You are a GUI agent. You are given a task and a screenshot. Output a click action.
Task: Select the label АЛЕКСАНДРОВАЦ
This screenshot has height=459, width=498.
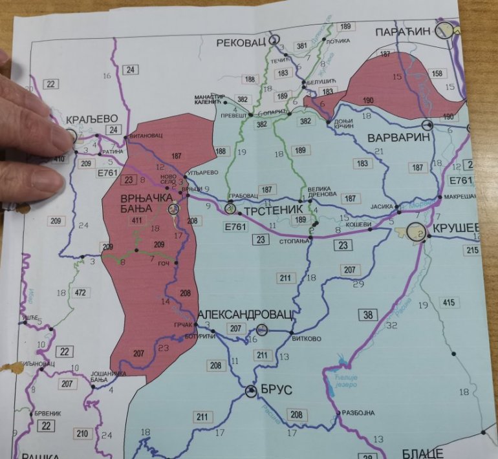(x=245, y=313)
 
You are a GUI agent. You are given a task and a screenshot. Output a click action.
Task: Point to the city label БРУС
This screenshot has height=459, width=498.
(x=278, y=390)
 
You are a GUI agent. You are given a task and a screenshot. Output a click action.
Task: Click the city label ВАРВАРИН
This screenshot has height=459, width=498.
(x=394, y=138)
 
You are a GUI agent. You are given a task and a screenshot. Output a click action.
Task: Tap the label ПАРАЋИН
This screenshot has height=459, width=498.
(x=405, y=31)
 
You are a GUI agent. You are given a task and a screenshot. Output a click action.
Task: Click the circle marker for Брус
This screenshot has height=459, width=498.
(x=252, y=391)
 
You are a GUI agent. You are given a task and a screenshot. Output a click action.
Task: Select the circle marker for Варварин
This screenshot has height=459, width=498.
(x=427, y=124)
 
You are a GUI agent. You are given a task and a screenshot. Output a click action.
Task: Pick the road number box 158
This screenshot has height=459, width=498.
(x=437, y=74)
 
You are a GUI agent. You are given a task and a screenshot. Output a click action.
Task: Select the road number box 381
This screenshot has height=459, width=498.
(x=301, y=46)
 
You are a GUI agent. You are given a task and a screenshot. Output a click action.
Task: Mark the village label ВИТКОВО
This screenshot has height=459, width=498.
(x=307, y=338)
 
